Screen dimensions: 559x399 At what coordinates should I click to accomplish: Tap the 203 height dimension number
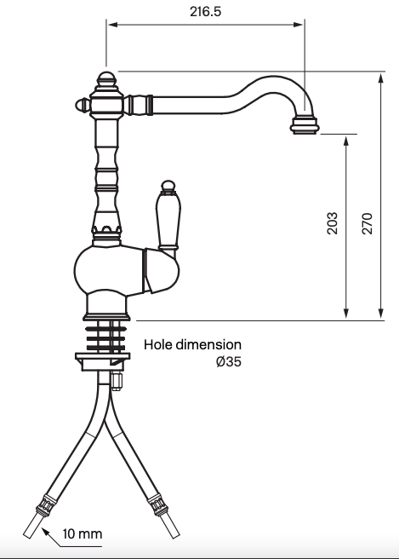[333, 223]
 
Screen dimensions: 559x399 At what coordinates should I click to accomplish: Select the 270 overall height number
[367, 223]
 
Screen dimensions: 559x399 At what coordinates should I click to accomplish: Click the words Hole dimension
[192, 344]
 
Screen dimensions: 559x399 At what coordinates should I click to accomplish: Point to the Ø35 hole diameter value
[227, 361]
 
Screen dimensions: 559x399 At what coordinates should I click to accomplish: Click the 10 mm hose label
[83, 535]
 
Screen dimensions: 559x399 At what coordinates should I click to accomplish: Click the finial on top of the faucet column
[105, 82]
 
